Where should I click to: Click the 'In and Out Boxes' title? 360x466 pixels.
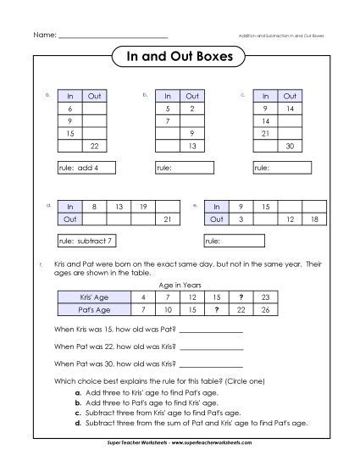point(180,57)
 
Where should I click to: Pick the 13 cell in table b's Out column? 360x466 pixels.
point(193,147)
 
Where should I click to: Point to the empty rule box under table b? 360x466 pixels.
point(184,169)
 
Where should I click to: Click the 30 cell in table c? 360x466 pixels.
point(290,147)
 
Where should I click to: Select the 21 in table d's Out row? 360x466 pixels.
point(168,219)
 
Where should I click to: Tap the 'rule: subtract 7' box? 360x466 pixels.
point(92,241)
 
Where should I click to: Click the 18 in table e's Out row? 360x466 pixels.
point(315,219)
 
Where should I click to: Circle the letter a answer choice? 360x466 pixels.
point(77,393)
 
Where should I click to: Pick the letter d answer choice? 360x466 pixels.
point(77,421)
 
